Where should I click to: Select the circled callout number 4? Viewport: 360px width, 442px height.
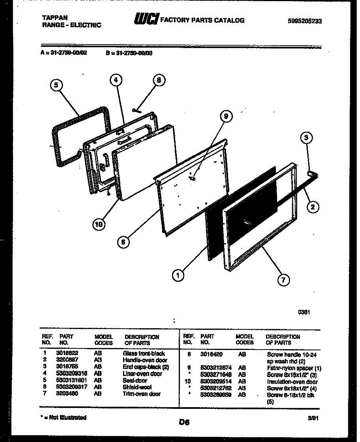tap(116, 80)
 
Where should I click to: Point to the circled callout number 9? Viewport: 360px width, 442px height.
tap(226, 117)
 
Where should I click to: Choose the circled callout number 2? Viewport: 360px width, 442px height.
tap(313, 207)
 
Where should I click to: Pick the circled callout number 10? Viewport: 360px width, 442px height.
tap(98, 224)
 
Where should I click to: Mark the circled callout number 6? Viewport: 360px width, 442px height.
tap(123, 242)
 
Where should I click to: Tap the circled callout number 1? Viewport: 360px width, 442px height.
tap(178, 275)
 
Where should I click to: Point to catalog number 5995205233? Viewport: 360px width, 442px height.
tap(304, 21)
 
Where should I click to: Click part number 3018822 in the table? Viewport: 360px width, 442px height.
tap(67, 353)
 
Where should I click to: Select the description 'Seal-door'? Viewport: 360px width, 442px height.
tap(135, 380)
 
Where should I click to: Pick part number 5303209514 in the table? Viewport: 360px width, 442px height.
tap(216, 382)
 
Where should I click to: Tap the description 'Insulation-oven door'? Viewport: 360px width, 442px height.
tap(292, 382)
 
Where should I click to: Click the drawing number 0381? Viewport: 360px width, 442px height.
tap(304, 312)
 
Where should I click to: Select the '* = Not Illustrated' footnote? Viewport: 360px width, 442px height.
tap(63, 418)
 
